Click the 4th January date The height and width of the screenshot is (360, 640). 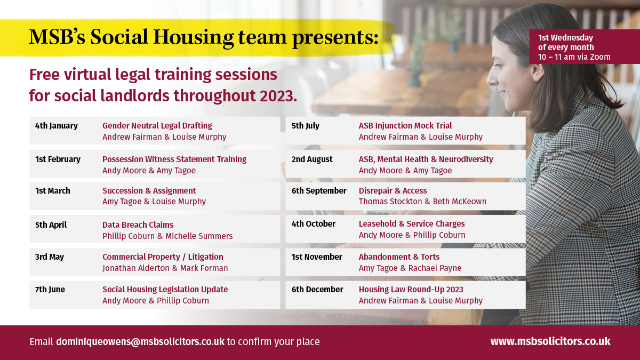(x=57, y=126)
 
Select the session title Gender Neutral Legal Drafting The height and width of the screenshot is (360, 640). (x=157, y=126)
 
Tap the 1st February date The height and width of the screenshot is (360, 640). (x=58, y=159)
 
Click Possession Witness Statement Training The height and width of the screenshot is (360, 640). (x=174, y=159)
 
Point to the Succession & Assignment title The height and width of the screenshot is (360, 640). (x=149, y=190)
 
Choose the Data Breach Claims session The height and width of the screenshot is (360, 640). (x=138, y=225)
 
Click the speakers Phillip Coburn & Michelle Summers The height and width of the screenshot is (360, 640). (x=167, y=236)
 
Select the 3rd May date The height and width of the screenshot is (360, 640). (x=50, y=257)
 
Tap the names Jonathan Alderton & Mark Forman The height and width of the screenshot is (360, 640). (x=165, y=268)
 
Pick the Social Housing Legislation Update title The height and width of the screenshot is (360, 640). (x=165, y=290)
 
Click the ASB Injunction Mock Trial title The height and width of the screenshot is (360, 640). (x=405, y=126)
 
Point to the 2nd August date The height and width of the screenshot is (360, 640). (x=311, y=159)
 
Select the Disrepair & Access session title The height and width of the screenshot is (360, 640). (x=393, y=190)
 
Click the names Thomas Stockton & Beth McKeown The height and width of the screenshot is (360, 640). (x=422, y=202)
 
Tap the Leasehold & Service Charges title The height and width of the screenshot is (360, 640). (x=411, y=223)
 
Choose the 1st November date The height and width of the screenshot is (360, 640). (x=317, y=257)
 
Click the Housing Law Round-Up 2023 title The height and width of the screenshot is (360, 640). (x=411, y=290)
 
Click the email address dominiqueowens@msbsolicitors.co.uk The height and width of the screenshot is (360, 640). (x=140, y=342)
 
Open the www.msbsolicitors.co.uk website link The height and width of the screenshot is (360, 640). (x=550, y=341)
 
